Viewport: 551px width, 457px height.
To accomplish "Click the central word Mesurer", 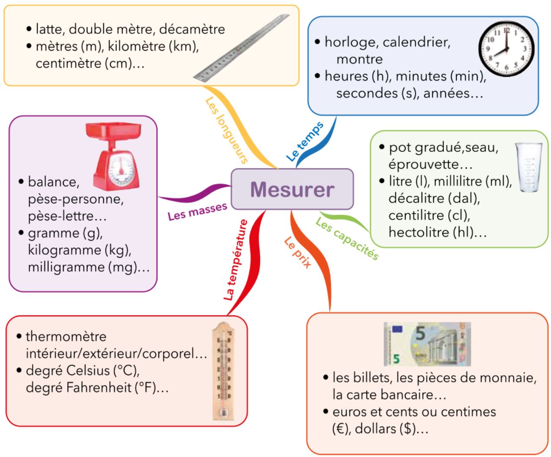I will coord(292,190).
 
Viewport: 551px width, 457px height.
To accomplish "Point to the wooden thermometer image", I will coord(223,371).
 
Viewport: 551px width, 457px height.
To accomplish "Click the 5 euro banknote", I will coord(427,344).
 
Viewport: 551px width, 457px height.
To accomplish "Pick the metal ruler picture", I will coord(241,48).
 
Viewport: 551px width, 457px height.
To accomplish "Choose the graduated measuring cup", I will coord(528,167).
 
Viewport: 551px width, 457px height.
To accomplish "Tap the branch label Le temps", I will coord(305,141).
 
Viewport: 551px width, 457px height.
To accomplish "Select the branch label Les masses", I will coord(197,211).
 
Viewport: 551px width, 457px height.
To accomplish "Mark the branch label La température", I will coord(236,260).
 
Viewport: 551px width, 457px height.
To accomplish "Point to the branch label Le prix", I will coord(298,253).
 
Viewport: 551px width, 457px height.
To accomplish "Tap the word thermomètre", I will coord(66,336).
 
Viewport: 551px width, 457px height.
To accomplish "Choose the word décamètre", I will coord(192,29).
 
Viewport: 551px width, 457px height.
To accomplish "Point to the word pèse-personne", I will coord(75,199).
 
